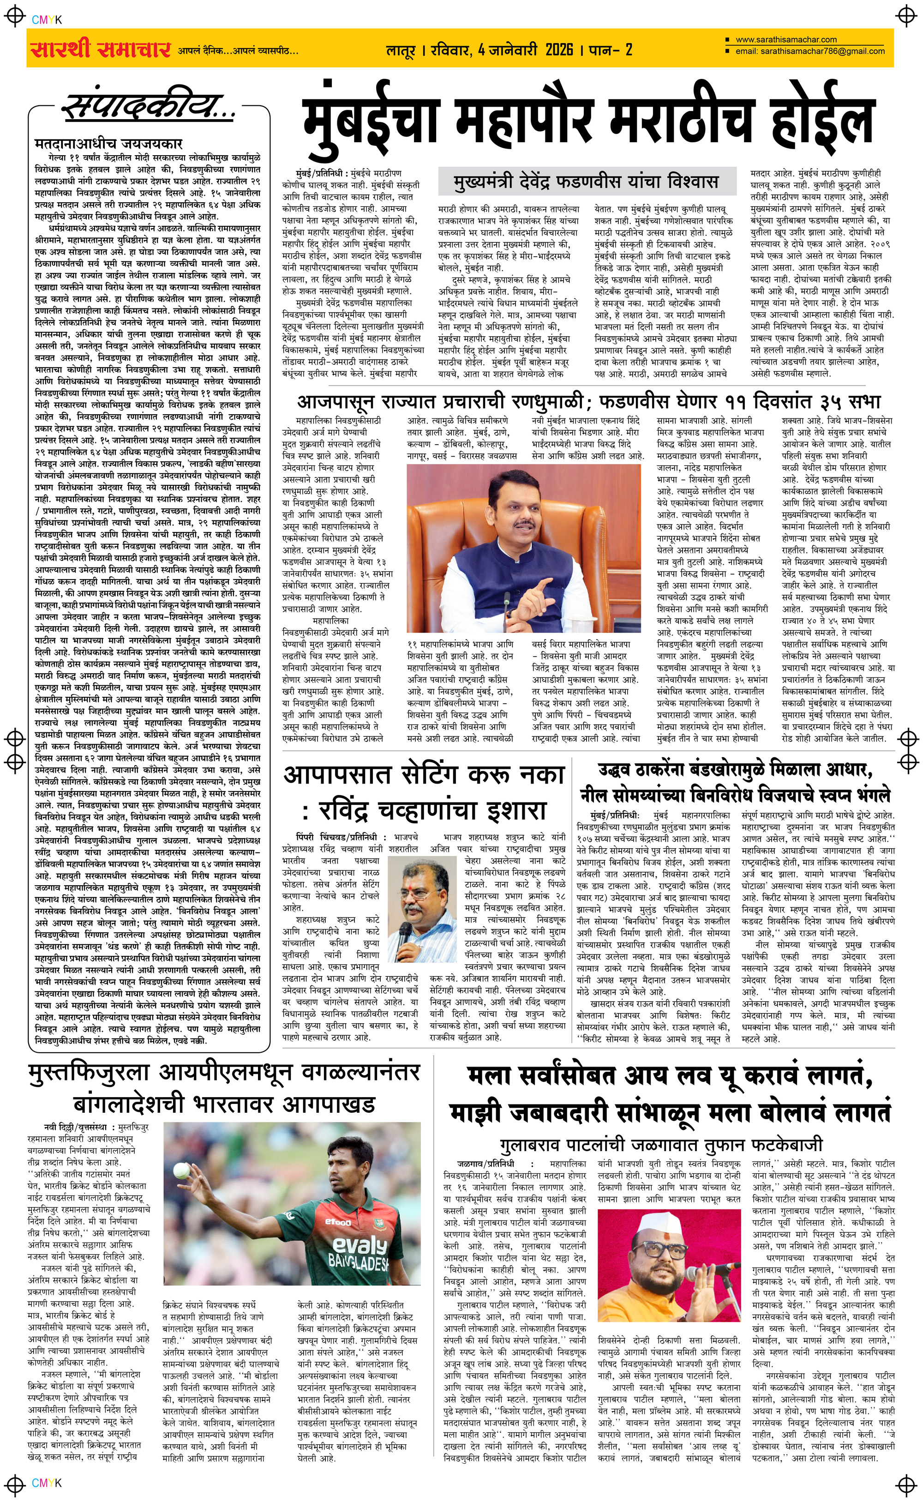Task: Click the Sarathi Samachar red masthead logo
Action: tap(100, 49)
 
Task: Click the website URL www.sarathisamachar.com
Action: tap(786, 40)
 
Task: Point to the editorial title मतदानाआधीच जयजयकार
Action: tap(108, 144)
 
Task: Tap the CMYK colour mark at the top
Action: tap(47, 19)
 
